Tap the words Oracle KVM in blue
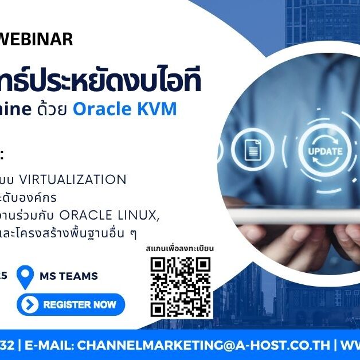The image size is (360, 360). pyautogui.click(x=124, y=109)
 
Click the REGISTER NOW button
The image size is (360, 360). pyautogui.click(x=71, y=304)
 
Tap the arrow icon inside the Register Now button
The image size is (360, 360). pyautogui.click(x=28, y=304)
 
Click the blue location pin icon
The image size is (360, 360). pyautogui.click(x=25, y=277)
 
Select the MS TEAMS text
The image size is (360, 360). pyautogui.click(x=69, y=276)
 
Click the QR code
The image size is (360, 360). pyautogui.click(x=181, y=287)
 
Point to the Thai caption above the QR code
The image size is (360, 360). pyautogui.click(x=180, y=249)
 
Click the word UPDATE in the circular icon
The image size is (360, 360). pyautogui.click(x=325, y=151)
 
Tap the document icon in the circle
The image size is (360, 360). pyautogui.click(x=252, y=151)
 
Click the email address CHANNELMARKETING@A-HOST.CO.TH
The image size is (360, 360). pyautogui.click(x=204, y=345)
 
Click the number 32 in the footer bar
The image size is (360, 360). pyautogui.click(x=7, y=345)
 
